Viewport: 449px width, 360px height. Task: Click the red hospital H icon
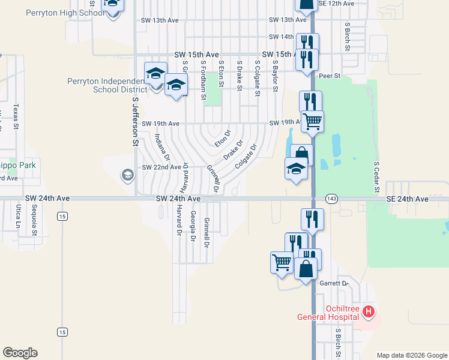click(x=369, y=312)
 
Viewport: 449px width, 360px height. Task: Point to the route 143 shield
click(x=331, y=199)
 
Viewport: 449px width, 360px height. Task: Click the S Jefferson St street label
click(x=135, y=124)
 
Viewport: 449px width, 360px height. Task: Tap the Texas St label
click(x=16, y=118)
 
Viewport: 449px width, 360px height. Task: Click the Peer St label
click(x=330, y=76)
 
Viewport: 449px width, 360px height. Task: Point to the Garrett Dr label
click(x=334, y=283)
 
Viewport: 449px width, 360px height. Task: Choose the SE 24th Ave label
click(x=408, y=199)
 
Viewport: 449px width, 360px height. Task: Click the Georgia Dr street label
click(x=193, y=226)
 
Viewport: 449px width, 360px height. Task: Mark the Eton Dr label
click(x=223, y=139)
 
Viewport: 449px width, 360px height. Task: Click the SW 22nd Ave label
click(x=161, y=167)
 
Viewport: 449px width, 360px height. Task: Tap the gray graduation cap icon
click(x=127, y=175)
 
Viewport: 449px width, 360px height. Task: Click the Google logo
click(x=20, y=353)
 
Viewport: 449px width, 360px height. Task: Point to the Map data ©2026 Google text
click(x=411, y=355)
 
